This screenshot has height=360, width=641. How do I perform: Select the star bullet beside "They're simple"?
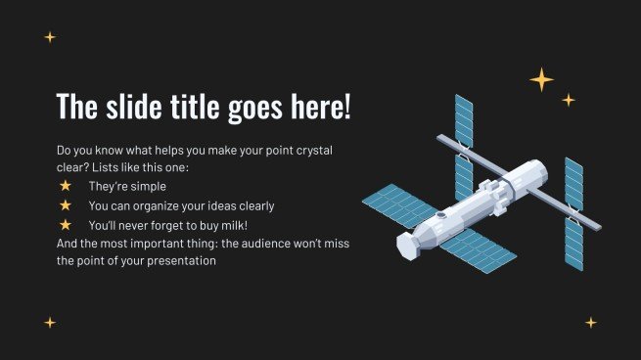[x=66, y=186]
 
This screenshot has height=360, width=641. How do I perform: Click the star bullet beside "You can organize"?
[x=66, y=205]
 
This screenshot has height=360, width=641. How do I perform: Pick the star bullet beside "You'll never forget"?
[x=66, y=225]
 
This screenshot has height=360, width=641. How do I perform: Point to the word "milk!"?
[x=229, y=225]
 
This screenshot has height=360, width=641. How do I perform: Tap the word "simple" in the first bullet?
[x=148, y=186]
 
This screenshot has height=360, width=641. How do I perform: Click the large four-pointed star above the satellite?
[x=541, y=79]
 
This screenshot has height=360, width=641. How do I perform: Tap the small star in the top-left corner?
[x=50, y=37]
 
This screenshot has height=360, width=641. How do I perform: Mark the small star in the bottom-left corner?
[x=50, y=322]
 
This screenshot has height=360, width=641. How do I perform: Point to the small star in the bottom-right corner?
[x=591, y=322]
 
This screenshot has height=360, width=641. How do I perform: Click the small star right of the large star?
[x=569, y=100]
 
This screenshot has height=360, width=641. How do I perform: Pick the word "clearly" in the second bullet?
[x=254, y=205]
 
